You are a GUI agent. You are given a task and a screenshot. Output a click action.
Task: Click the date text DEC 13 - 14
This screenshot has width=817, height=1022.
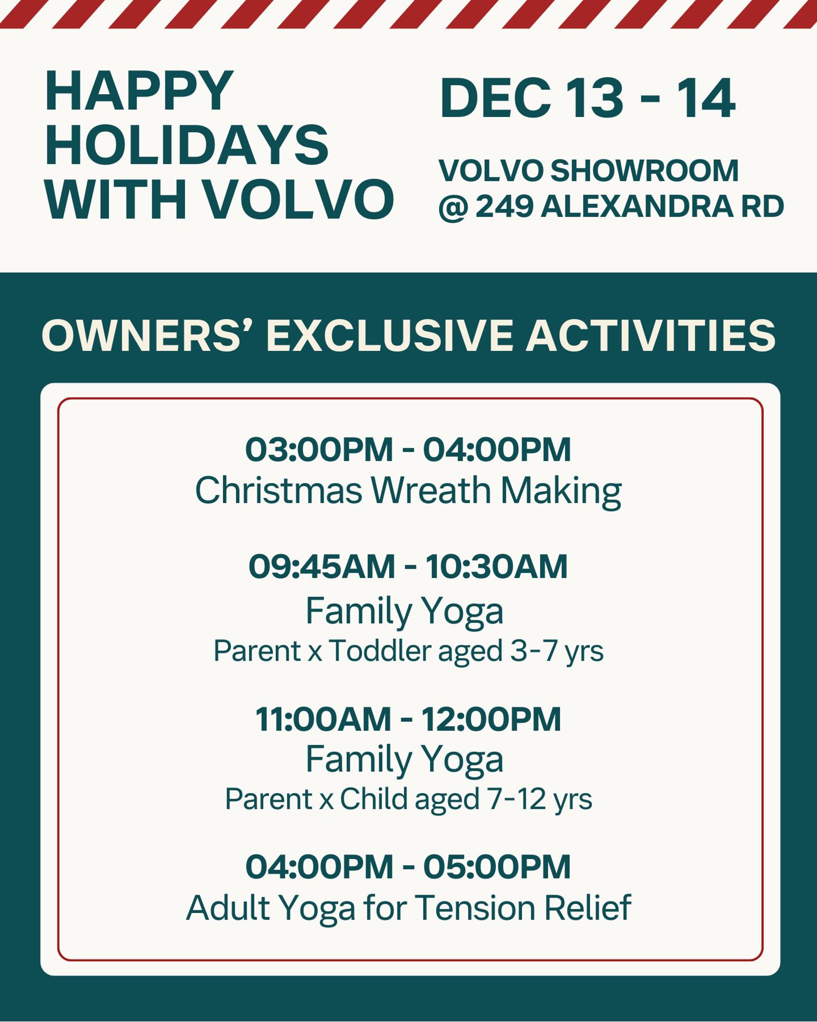click(x=587, y=99)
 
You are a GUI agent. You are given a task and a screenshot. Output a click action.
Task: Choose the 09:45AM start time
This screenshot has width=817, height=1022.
click(x=322, y=566)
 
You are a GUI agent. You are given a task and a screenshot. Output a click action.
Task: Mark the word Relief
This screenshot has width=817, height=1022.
click(x=587, y=907)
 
